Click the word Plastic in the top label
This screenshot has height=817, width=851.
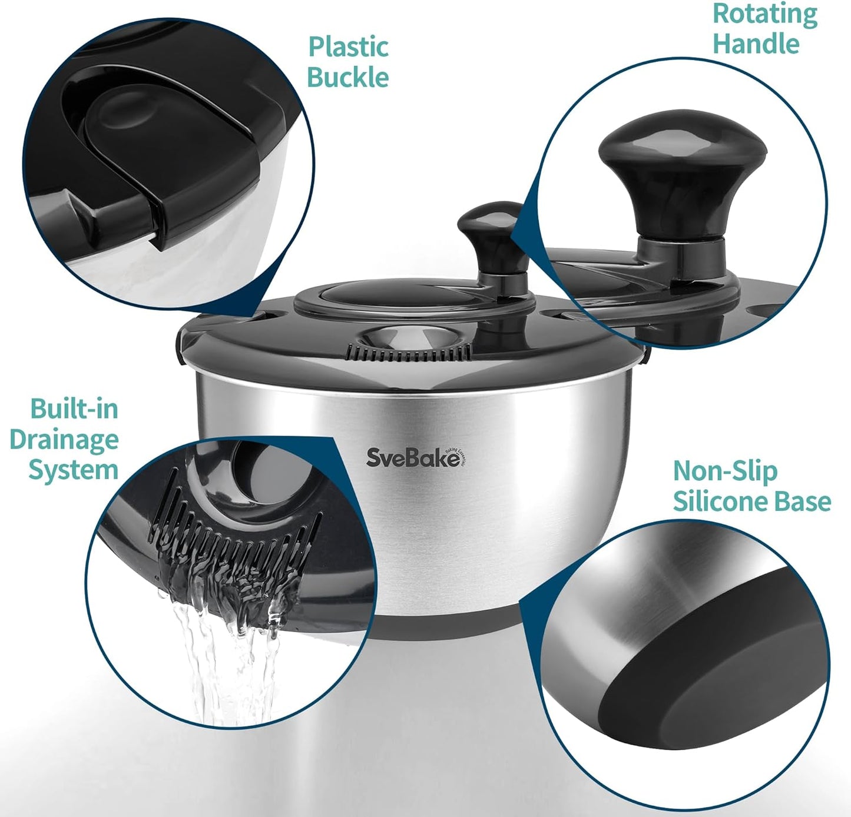[348, 48]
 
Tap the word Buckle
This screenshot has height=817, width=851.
[348, 78]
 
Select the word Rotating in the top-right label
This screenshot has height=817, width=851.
[765, 14]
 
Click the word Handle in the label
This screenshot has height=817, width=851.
[756, 44]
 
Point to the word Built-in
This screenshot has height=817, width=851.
[74, 408]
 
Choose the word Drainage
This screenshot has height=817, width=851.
[64, 440]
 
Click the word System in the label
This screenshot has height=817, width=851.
[74, 470]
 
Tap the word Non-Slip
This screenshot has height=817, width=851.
[725, 471]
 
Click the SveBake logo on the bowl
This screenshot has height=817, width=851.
[413, 457]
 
